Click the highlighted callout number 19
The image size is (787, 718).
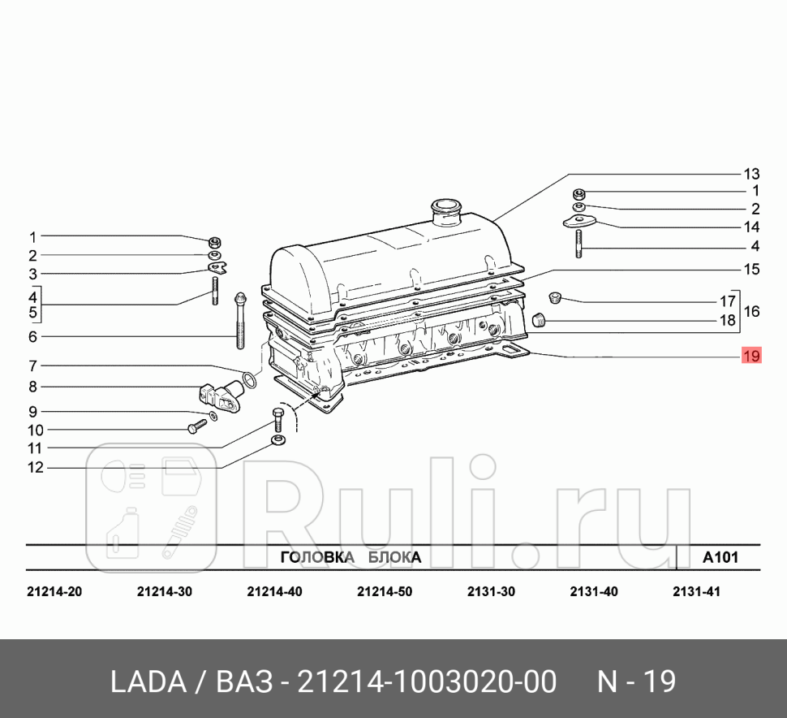coord(750,356)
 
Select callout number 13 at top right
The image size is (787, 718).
coord(750,174)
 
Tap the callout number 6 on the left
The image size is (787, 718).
coord(33,336)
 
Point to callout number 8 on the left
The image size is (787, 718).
coord(33,387)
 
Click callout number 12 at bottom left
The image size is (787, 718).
coord(33,467)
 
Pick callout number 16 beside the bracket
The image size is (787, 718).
coord(751,311)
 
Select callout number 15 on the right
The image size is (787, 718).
coord(750,269)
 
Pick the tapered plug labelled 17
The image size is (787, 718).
coord(554,296)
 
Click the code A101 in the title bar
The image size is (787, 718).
coord(720,557)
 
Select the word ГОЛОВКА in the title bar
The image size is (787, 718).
coord(317,557)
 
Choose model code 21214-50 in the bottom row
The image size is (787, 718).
coord(384,592)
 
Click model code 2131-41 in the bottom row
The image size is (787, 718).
coord(696,592)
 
